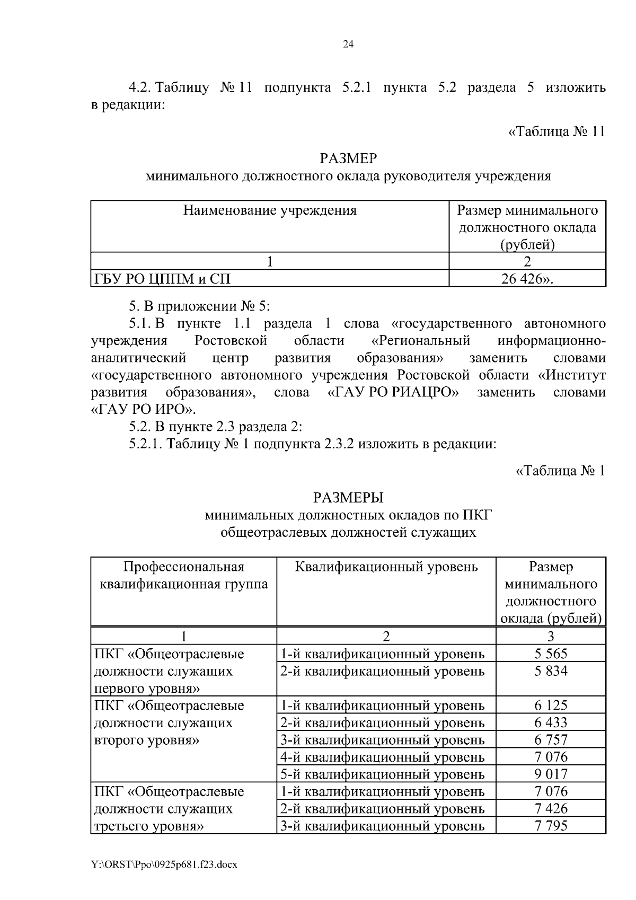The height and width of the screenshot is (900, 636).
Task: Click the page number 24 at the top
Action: coord(348,45)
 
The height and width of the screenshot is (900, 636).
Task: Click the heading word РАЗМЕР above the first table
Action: coord(348,158)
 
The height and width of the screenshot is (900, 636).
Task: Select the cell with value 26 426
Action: coord(527,279)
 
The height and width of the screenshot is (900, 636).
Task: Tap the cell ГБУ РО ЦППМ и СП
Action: coord(163,279)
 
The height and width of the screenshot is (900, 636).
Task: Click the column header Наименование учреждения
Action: coord(270,211)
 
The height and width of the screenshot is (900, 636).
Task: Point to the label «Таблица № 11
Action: coord(556,131)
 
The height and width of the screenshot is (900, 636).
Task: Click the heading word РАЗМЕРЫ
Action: coord(348,498)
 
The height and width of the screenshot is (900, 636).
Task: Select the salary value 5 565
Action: coord(550,654)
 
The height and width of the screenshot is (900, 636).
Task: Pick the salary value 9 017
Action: coord(550,774)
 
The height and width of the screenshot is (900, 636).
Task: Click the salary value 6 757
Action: coord(550,739)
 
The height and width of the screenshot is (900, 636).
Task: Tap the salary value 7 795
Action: coord(550,825)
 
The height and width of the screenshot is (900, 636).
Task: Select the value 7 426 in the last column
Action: coord(550,808)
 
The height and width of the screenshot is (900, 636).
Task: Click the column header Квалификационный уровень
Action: coord(386,567)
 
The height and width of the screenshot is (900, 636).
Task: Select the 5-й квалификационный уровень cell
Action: coord(382,774)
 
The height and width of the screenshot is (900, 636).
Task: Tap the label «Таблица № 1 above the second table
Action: coord(560,470)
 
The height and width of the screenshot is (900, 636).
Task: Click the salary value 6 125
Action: coord(550,705)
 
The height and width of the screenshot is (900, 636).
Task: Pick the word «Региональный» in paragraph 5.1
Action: coord(421,340)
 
